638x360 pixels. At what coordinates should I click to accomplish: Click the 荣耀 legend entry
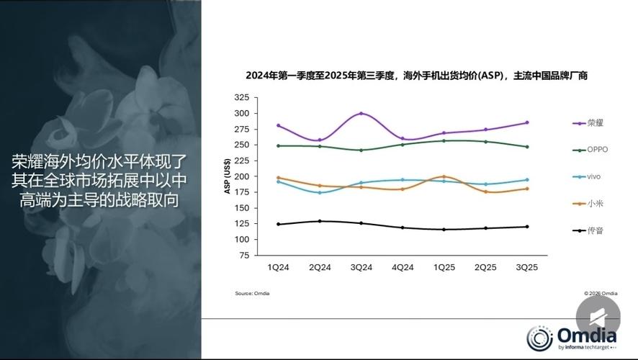coord(587,123)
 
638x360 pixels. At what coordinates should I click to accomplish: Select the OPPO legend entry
coord(590,150)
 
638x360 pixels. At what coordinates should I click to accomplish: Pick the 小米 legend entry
coord(587,204)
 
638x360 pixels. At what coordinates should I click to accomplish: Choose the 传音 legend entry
coord(587,230)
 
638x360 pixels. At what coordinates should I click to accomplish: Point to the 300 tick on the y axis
coord(242,113)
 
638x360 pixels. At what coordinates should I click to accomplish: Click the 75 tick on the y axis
coord(244,255)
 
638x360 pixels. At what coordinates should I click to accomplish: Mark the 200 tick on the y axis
coord(242,176)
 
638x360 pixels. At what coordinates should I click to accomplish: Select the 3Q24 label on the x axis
coord(361,267)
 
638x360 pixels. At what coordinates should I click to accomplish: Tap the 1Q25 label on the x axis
coord(444,267)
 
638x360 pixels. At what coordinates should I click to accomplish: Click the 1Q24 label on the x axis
coord(278,267)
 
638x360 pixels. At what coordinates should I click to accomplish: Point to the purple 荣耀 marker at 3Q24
coord(361,113)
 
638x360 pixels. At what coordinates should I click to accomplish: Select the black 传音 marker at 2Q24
coord(320,221)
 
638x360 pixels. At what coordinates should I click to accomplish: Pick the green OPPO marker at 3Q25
coord(527,147)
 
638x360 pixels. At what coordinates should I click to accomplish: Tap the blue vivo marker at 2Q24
coord(320,192)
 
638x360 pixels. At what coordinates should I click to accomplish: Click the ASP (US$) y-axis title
coord(227,176)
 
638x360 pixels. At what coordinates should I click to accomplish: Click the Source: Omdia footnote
coord(252,294)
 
